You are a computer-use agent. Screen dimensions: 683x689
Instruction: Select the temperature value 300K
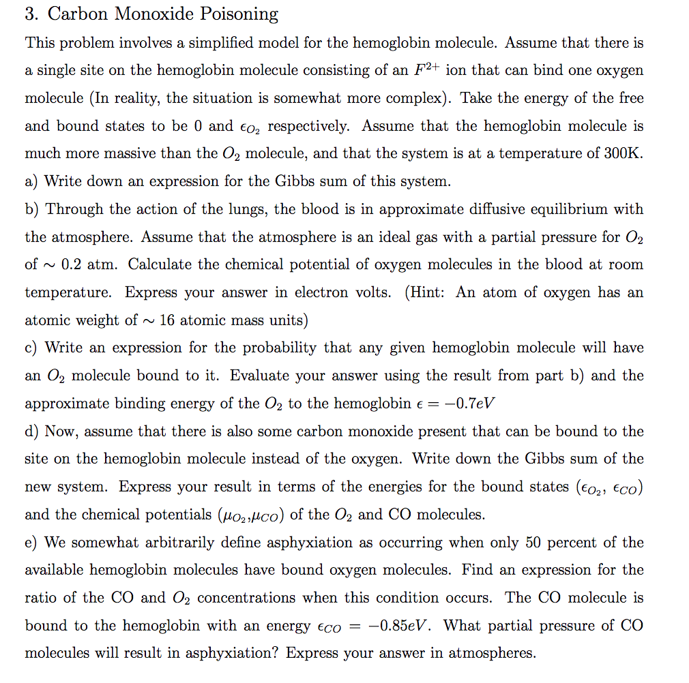(619, 153)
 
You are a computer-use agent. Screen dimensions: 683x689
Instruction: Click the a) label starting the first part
(31, 181)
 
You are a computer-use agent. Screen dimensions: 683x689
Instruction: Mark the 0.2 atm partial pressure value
(91, 264)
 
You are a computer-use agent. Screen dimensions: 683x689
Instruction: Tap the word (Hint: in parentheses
(427, 292)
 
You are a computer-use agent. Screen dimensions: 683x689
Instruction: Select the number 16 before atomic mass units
(167, 320)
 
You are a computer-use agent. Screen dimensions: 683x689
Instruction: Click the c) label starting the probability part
(31, 348)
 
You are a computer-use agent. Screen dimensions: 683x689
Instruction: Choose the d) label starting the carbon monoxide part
(32, 431)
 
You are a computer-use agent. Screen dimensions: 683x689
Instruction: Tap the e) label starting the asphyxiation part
(31, 543)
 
